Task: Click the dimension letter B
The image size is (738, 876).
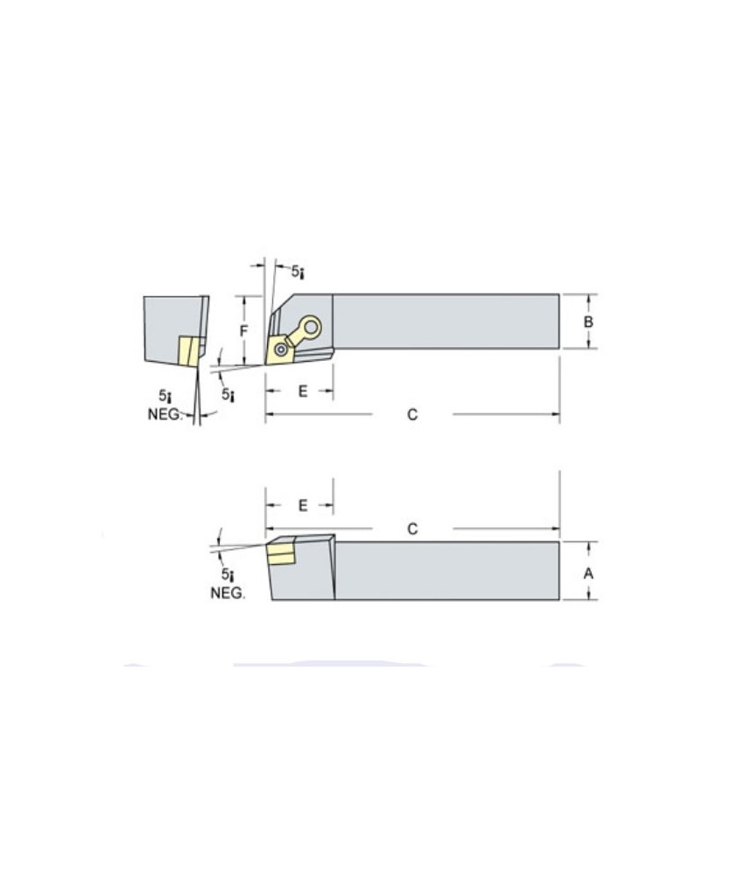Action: click(x=588, y=321)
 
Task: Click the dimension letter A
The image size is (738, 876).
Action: click(x=588, y=572)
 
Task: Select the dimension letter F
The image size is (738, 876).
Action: click(x=244, y=331)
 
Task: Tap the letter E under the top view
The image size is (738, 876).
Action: click(x=303, y=391)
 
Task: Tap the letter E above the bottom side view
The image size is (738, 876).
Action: click(x=303, y=505)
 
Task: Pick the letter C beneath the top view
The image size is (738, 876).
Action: click(x=412, y=414)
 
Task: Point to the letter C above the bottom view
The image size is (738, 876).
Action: click(x=412, y=529)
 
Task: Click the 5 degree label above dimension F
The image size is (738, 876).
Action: click(x=298, y=273)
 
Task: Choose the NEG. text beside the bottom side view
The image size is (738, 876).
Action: click(x=228, y=593)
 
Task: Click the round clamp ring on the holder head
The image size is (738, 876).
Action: click(x=310, y=328)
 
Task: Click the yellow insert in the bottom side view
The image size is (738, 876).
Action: click(x=280, y=554)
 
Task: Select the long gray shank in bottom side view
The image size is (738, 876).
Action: click(x=446, y=571)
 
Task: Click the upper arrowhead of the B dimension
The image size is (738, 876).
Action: click(x=588, y=299)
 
